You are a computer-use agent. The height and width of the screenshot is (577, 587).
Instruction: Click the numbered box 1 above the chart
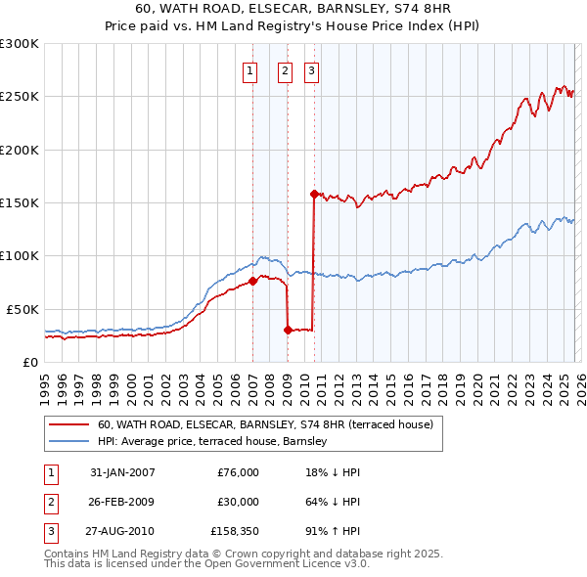[250, 69]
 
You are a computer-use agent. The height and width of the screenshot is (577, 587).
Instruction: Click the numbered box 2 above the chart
[285, 69]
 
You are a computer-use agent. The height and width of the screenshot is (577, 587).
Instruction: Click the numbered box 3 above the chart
[311, 69]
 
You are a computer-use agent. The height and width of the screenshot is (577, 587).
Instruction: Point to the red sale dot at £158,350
[314, 194]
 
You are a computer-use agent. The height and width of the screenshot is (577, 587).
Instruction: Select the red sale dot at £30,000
[288, 330]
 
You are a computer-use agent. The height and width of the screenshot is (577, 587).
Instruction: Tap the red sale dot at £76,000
[252, 281]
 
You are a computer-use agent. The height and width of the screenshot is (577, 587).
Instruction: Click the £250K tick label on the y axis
[20, 97]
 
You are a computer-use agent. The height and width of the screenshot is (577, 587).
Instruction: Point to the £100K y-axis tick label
[20, 255]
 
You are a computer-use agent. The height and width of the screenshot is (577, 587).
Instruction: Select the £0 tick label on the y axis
[29, 362]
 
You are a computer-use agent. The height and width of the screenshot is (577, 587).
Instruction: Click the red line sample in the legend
[68, 424]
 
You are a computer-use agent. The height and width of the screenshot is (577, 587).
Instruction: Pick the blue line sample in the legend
[68, 441]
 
